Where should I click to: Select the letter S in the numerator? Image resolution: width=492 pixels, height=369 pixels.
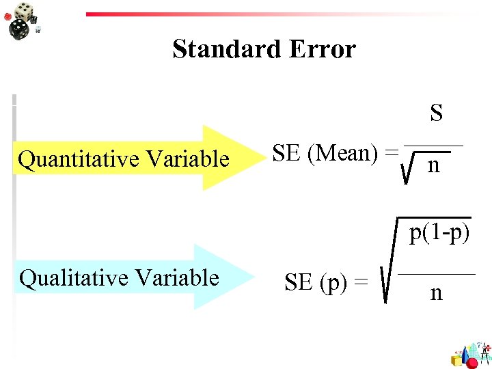click(436, 113)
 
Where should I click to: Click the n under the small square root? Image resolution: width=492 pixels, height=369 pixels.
click(433, 166)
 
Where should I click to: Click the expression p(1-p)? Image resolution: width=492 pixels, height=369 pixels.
click(440, 234)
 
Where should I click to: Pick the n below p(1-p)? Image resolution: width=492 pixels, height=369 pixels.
click(436, 293)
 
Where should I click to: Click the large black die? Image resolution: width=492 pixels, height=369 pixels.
click(18, 28)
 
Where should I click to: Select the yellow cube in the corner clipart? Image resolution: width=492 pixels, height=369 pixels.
click(456, 359)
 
